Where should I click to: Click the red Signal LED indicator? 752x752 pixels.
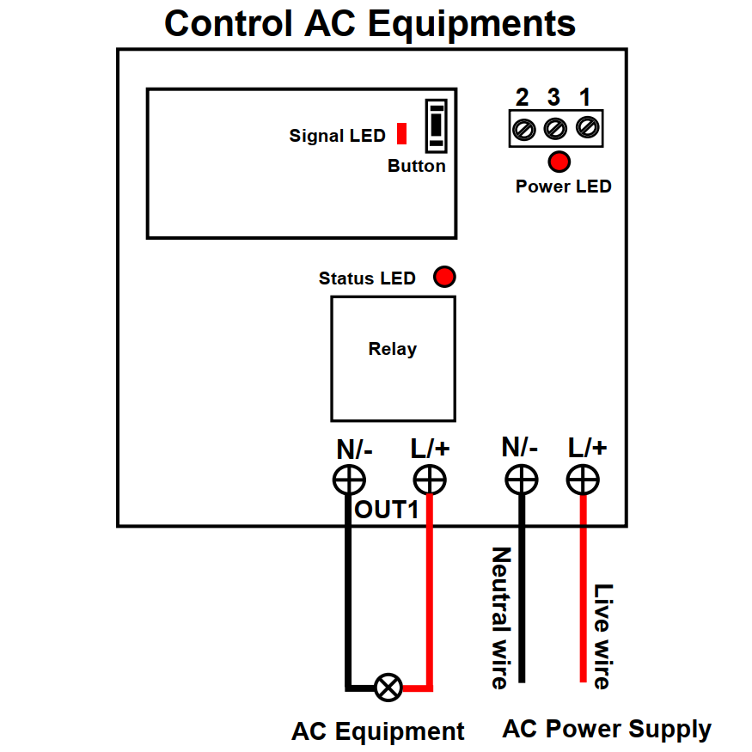(401, 134)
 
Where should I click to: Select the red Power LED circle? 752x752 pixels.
(559, 161)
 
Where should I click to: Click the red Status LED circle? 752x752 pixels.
(444, 277)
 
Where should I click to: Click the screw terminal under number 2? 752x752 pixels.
(523, 129)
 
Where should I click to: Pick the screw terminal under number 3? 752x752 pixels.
(555, 129)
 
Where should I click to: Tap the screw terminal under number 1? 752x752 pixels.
(587, 127)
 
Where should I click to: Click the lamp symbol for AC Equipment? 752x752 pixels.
(388, 687)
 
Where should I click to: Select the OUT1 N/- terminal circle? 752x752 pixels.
(348, 480)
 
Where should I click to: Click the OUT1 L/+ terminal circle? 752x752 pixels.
(429, 480)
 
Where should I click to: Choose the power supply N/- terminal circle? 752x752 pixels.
(521, 480)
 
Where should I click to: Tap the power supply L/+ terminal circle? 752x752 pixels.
(583, 480)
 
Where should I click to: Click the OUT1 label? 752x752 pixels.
(387, 510)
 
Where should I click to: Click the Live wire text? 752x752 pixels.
(603, 636)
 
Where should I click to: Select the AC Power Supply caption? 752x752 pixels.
(607, 730)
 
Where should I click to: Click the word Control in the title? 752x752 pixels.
(228, 23)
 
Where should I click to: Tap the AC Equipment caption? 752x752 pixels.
(377, 731)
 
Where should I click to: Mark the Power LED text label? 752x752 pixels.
(563, 186)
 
